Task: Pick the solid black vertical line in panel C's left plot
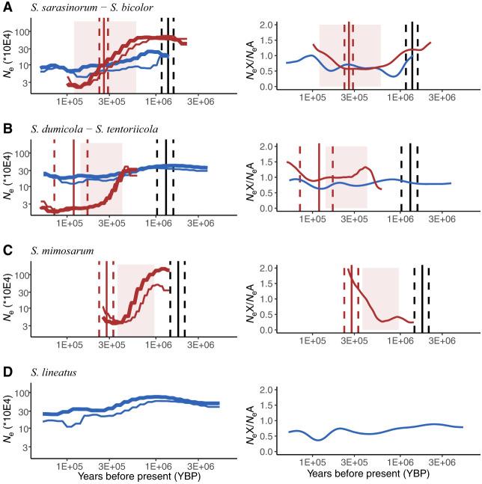click(x=177, y=299)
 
